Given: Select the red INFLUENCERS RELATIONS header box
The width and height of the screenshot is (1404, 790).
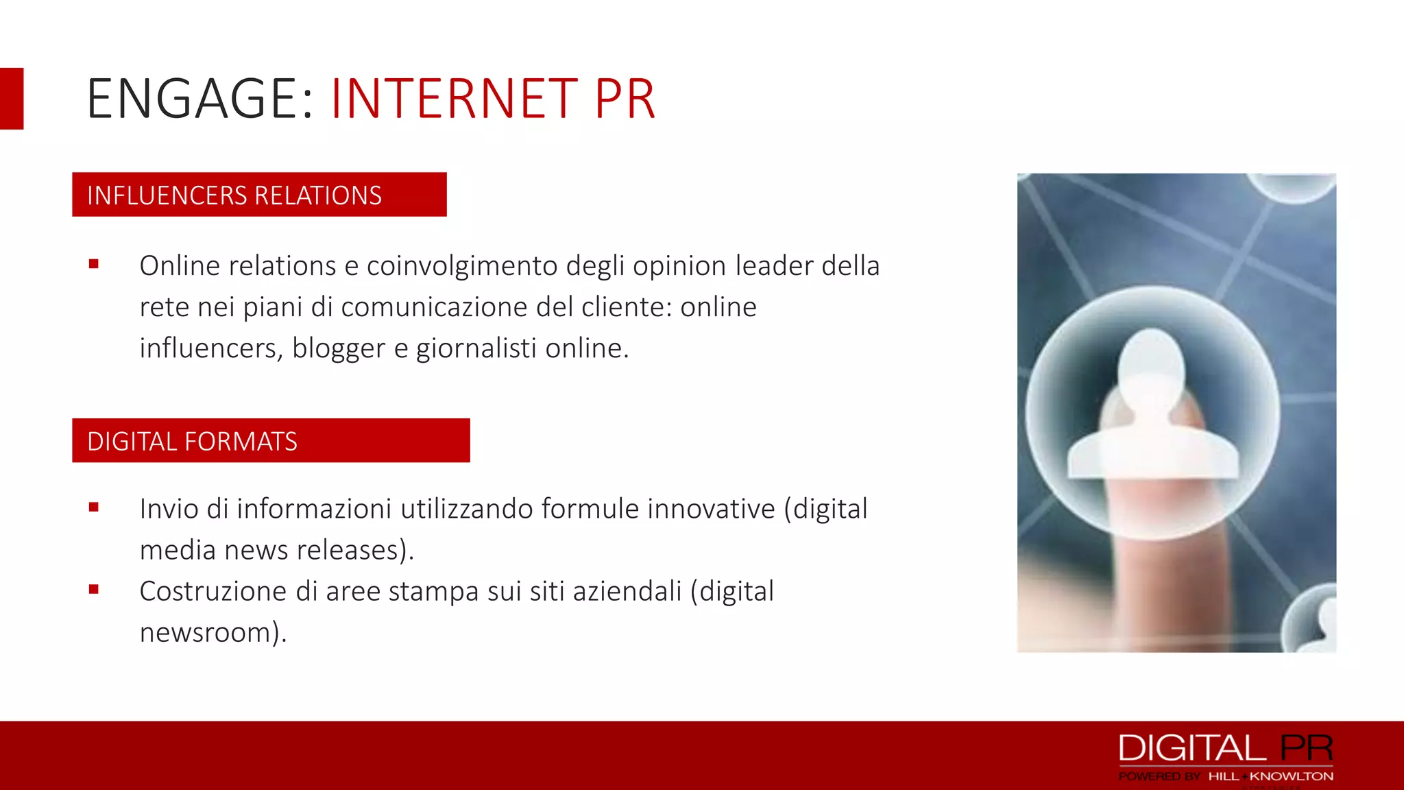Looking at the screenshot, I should tap(259, 195).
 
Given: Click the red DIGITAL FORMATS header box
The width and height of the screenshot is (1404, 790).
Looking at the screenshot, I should tap(271, 440).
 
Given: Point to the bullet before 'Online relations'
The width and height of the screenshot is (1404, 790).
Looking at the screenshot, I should tap(94, 264).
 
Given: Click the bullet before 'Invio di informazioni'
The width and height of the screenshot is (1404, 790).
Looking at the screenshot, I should tap(94, 507).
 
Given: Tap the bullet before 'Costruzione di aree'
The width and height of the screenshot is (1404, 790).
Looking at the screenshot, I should tap(94, 589).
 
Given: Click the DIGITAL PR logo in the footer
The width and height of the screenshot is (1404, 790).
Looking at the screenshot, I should tap(1226, 748).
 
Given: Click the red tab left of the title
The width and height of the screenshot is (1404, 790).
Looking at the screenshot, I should tap(12, 99).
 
